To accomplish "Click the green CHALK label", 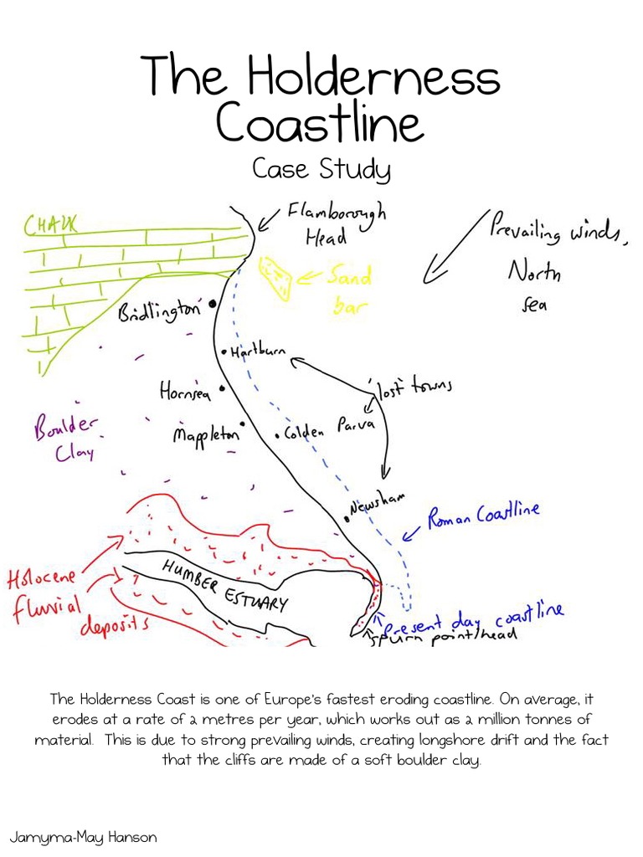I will click(49, 224).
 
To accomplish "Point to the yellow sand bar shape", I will click(275, 275).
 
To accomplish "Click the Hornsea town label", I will click(185, 391).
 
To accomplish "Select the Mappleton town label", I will click(206, 434).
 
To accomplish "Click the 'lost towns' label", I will click(414, 387).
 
